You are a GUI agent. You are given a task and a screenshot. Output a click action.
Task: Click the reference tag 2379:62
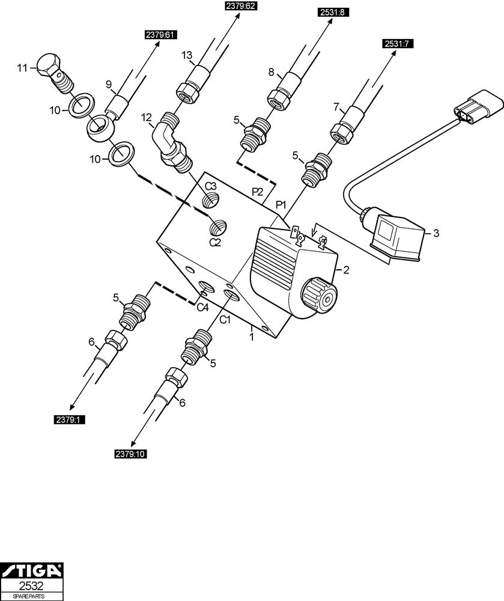click(x=240, y=7)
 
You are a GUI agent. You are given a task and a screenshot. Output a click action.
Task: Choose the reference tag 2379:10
click(x=130, y=454)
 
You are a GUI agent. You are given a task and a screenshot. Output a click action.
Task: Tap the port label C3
click(x=210, y=186)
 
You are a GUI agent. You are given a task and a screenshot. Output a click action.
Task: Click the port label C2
click(x=216, y=242)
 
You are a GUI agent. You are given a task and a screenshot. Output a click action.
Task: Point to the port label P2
click(x=257, y=192)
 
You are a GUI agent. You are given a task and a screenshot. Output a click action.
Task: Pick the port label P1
click(x=280, y=206)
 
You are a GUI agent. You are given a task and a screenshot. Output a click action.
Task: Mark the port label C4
click(x=202, y=308)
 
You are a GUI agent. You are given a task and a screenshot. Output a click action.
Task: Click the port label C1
click(x=225, y=320)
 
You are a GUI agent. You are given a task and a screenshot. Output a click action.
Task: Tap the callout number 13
click(x=187, y=56)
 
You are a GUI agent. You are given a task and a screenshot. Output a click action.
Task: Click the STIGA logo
click(x=31, y=570)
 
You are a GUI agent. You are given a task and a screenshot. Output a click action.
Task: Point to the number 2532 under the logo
click(x=31, y=585)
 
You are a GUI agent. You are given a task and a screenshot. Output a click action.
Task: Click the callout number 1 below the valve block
click(x=252, y=338)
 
